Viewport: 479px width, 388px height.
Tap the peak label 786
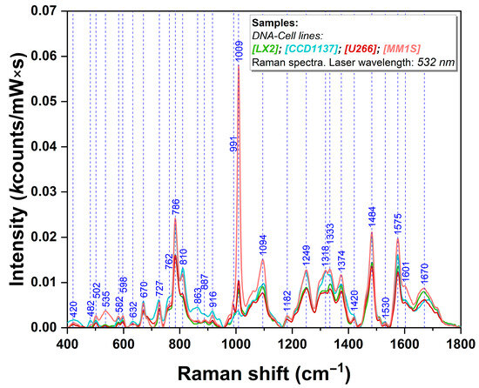pyautogui.click(x=176, y=207)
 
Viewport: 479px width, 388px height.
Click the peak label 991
pyautogui.click(x=233, y=144)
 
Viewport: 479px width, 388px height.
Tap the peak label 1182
pyautogui.click(x=288, y=302)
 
